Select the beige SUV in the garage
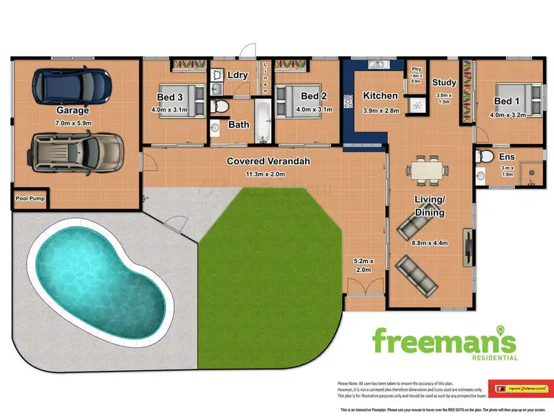pos(73,151)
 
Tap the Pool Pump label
pos(31,199)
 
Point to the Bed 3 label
pos(169,96)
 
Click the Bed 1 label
pos(507,101)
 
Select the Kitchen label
pos(380,95)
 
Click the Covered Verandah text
pos(268,160)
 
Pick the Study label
pos(445,83)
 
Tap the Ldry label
pos(238,75)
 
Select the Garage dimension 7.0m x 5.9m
pos(72,123)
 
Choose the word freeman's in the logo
pos(443,341)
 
